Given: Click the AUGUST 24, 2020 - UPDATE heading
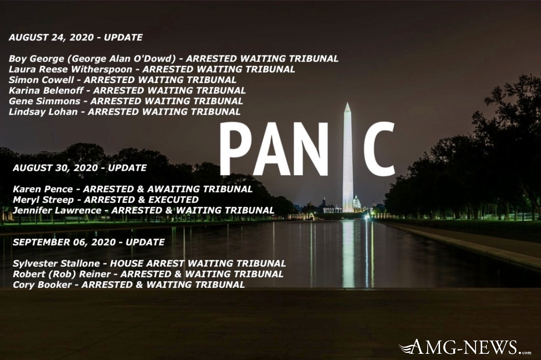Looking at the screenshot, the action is click(x=75, y=37).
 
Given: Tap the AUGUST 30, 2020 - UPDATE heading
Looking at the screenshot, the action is click(x=80, y=168).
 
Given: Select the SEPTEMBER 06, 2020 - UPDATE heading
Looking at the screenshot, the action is click(x=89, y=242).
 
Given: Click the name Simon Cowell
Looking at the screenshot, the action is click(x=41, y=80).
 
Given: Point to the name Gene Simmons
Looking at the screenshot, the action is click(x=45, y=101).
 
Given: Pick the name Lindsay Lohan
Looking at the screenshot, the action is click(x=43, y=112).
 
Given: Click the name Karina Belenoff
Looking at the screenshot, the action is click(x=46, y=91).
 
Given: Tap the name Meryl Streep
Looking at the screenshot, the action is click(x=43, y=200).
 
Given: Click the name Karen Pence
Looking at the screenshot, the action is click(x=43, y=189).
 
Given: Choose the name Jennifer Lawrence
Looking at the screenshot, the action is click(x=57, y=210).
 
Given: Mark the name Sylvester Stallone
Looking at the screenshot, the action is click(x=56, y=264).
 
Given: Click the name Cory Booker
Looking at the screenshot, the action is click(x=42, y=285).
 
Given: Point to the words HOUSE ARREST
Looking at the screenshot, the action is click(x=147, y=263).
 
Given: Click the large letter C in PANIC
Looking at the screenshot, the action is click(x=379, y=149).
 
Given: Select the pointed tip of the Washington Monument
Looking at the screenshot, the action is click(x=348, y=103).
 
